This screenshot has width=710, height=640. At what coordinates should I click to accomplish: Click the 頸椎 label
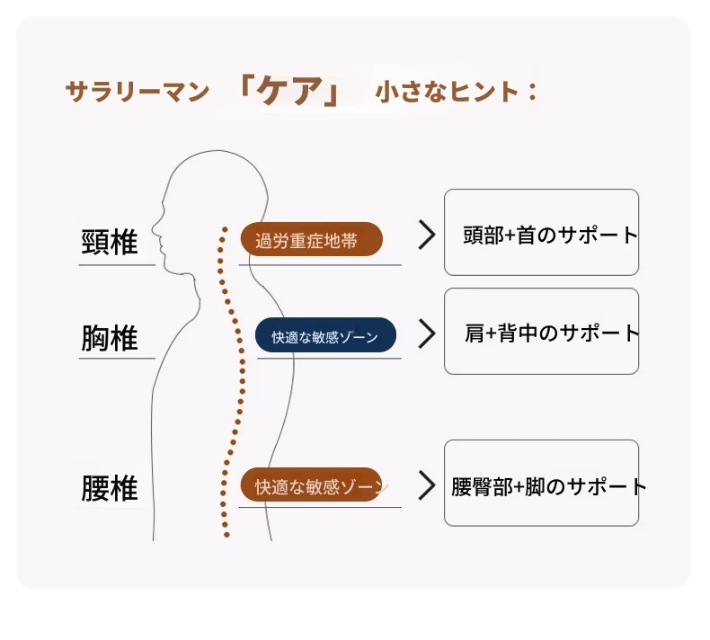click(x=109, y=243)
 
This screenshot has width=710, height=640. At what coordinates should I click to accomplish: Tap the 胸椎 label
click(x=109, y=338)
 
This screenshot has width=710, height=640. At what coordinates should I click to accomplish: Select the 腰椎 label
click(x=109, y=488)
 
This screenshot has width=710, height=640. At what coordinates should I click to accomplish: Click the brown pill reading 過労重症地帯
click(x=312, y=239)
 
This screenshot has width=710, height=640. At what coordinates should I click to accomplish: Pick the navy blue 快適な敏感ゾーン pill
click(x=325, y=335)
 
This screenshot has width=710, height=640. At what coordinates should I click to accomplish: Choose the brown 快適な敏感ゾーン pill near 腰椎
click(x=311, y=484)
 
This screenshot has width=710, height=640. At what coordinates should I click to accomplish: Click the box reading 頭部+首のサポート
click(x=542, y=232)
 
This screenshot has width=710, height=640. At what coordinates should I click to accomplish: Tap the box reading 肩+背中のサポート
click(x=542, y=331)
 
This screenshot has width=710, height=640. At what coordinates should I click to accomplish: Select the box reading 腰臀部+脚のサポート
click(x=542, y=483)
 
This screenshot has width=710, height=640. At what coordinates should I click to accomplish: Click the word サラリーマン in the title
click(x=138, y=92)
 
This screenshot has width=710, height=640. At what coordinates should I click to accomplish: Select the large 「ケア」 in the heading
click(x=290, y=90)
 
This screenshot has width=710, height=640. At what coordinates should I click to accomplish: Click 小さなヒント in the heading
click(x=447, y=92)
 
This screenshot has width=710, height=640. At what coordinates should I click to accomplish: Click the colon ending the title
click(x=532, y=92)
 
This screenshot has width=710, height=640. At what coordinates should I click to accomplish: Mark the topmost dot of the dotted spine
click(x=225, y=229)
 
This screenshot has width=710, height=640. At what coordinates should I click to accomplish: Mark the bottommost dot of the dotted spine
click(x=226, y=535)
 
